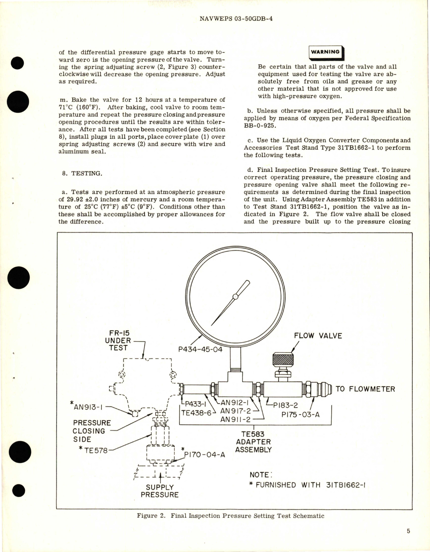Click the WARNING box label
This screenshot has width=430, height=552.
[x=325, y=52]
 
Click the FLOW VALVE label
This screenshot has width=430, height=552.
[x=318, y=336]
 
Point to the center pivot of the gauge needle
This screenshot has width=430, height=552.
[x=235, y=297]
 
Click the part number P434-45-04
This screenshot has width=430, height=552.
[x=200, y=349]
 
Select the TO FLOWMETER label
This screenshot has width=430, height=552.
[x=365, y=389]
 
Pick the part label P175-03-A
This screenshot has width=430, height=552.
[x=300, y=415]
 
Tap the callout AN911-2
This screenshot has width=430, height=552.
[x=235, y=419]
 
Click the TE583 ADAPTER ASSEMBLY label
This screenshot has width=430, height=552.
[x=253, y=442]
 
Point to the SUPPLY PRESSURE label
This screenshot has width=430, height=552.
[x=160, y=491]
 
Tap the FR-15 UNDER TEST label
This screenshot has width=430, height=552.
[x=118, y=340]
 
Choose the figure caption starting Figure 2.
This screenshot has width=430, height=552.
[x=230, y=516]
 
